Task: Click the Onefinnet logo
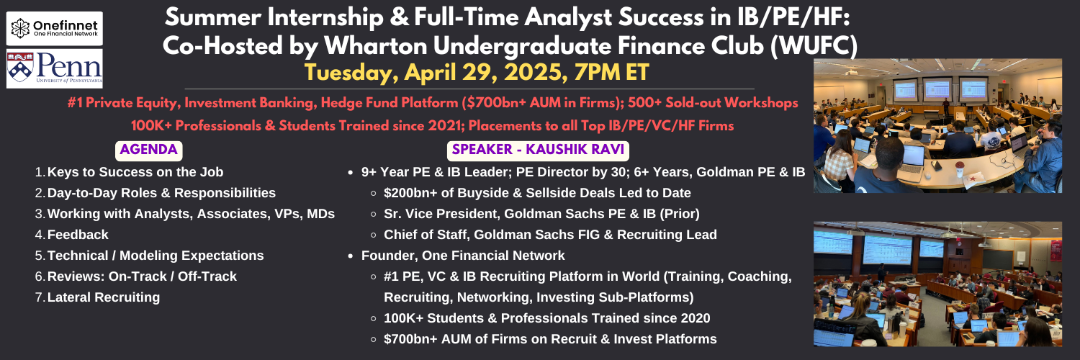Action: click(55, 28)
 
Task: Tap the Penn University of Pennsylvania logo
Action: click(55, 68)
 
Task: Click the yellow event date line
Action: click(477, 73)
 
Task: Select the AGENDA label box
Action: click(148, 150)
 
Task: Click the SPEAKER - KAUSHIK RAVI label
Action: click(538, 150)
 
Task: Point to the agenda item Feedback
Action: click(78, 235)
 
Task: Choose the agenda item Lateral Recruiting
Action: click(104, 297)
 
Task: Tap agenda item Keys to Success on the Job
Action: click(135, 172)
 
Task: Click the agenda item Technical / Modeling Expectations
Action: click(156, 256)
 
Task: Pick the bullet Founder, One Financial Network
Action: click(463, 256)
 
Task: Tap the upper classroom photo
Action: click(937, 126)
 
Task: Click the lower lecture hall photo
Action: click(937, 284)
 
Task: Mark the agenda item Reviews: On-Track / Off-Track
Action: click(142, 276)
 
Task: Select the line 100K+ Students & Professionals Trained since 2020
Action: click(546, 318)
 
